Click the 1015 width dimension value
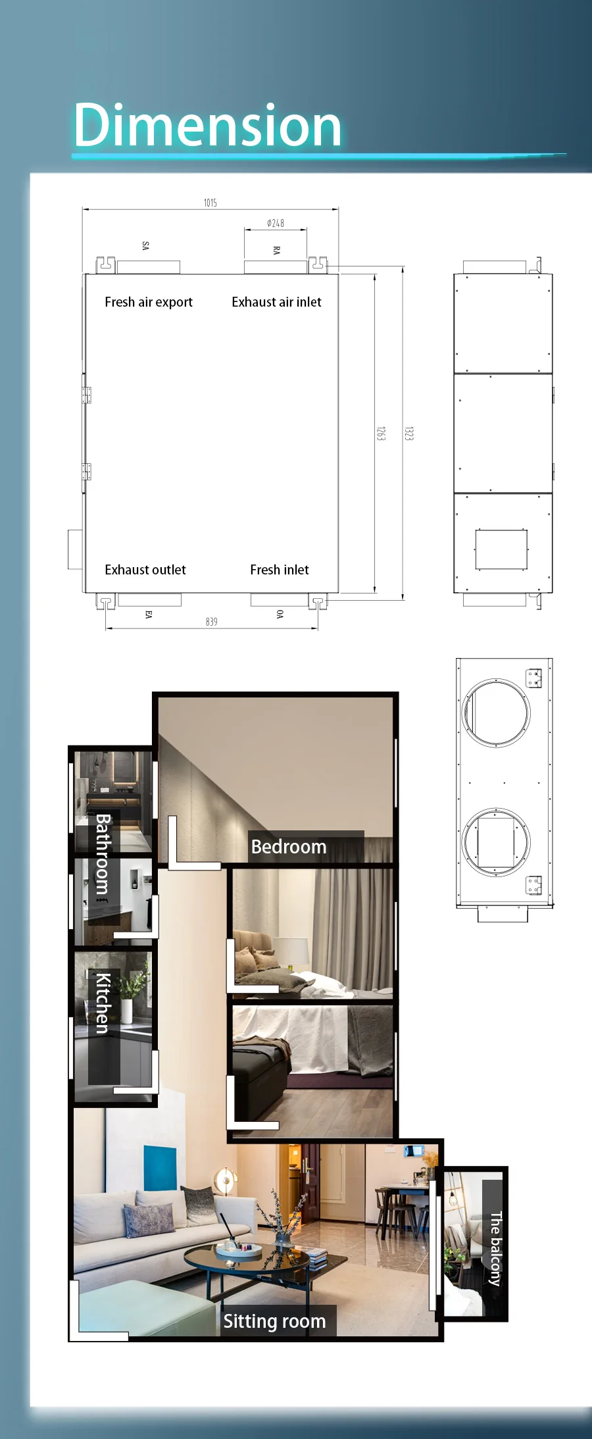point(210,203)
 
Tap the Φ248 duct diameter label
point(276,223)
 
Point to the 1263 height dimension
point(381,433)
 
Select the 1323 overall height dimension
point(409,433)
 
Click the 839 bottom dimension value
point(211,622)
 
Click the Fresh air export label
point(149,302)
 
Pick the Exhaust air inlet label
point(276,302)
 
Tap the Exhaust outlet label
point(145,570)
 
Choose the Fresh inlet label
point(280,570)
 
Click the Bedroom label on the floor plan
point(289,847)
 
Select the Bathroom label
point(103,853)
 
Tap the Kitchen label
point(103,1003)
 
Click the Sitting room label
point(274,1321)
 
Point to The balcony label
point(496,1249)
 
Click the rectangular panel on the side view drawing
point(501,549)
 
